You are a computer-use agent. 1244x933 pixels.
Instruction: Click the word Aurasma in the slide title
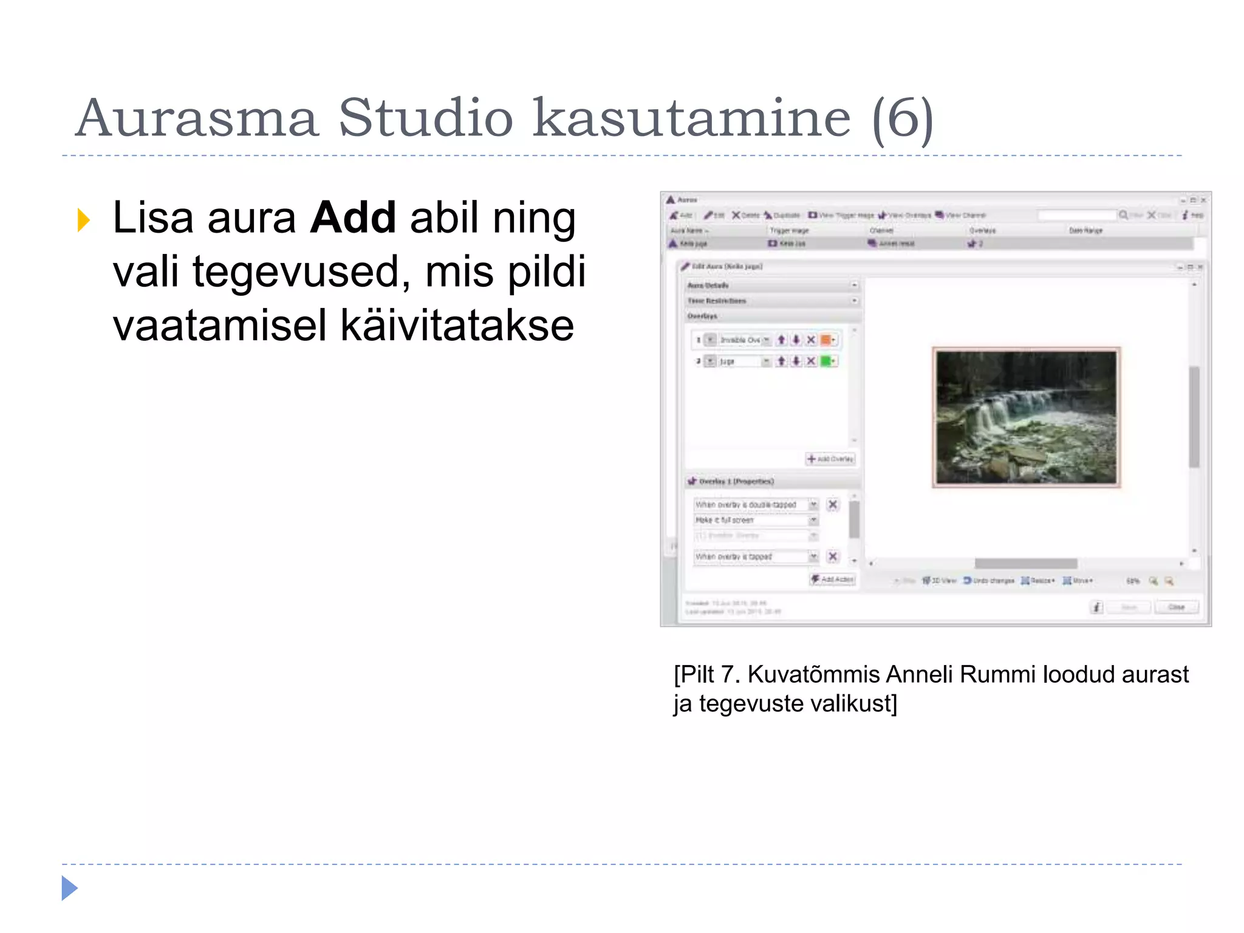tap(197, 118)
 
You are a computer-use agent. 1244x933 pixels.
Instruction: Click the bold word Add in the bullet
tap(353, 217)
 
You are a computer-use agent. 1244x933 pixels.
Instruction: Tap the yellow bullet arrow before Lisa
tap(84, 220)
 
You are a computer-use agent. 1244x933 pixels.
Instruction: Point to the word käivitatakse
tap(457, 326)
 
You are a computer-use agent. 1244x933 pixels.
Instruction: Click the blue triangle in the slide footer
tap(69, 888)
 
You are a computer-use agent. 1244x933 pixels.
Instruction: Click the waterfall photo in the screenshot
tap(1026, 418)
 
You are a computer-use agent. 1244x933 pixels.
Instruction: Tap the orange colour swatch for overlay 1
tap(826, 340)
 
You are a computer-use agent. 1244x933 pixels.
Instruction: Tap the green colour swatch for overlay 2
tap(826, 361)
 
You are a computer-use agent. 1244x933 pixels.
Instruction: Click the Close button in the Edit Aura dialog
tap(1176, 607)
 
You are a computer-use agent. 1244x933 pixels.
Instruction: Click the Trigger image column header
tap(789, 231)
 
